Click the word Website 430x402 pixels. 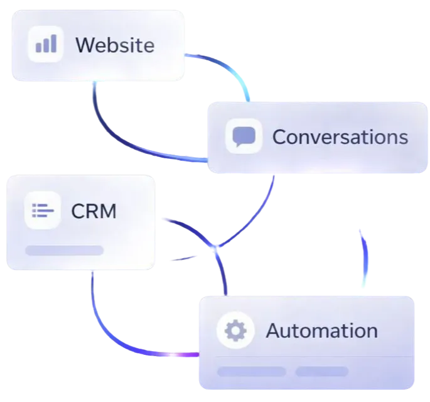(114, 45)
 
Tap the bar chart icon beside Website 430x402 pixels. (46, 44)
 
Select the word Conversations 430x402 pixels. (340, 137)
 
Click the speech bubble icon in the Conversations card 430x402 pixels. (244, 136)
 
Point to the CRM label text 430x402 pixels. (94, 211)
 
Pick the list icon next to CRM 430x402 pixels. (43, 210)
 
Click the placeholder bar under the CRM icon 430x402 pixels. (64, 251)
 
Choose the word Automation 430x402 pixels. (321, 330)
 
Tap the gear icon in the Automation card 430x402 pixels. (235, 330)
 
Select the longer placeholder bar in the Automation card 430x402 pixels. (251, 371)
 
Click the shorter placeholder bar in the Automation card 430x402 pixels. (321, 371)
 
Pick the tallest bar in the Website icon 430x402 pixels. (53, 43)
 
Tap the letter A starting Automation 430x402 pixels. (272, 330)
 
